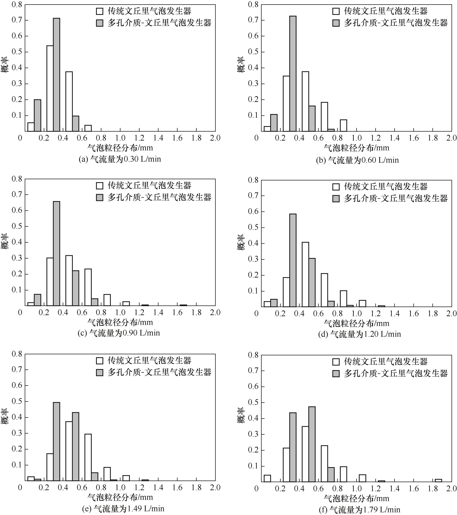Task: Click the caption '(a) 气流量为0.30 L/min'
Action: (x=120, y=159)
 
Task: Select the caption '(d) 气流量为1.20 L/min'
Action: (x=359, y=334)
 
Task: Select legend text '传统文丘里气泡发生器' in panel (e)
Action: (x=149, y=361)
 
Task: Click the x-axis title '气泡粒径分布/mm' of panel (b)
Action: (x=356, y=148)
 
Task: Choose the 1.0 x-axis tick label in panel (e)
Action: (x=120, y=487)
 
